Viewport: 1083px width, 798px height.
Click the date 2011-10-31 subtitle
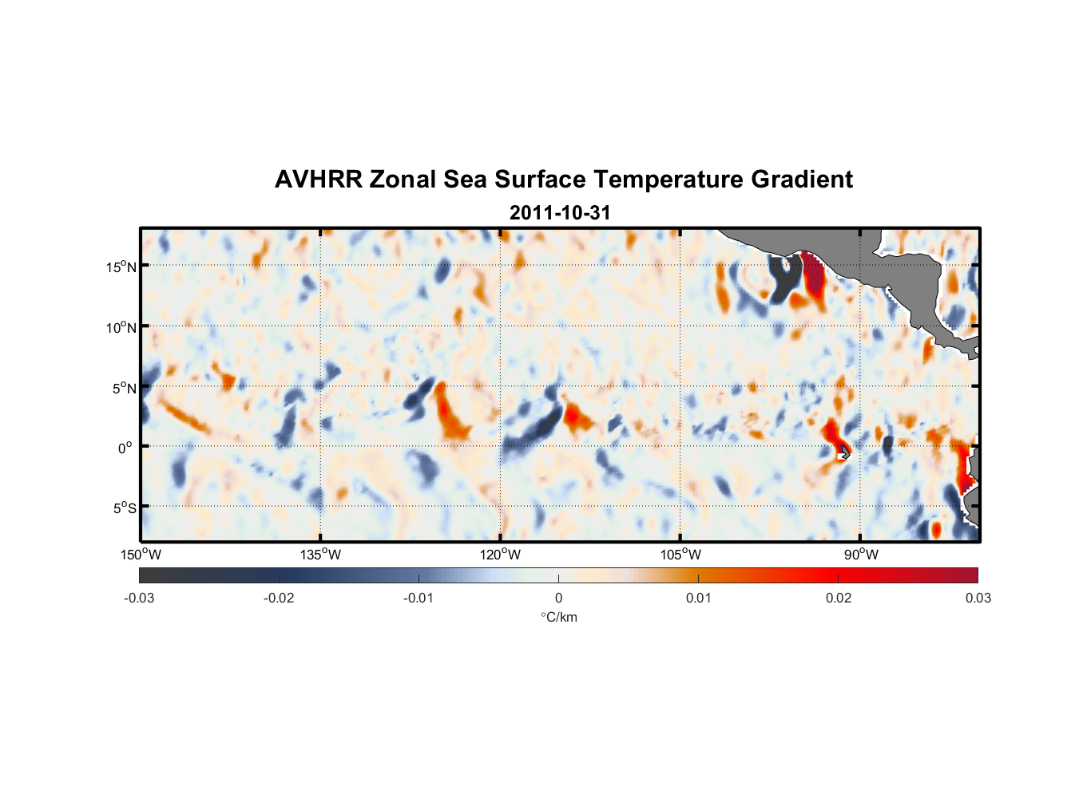point(560,213)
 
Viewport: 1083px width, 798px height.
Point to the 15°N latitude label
point(121,267)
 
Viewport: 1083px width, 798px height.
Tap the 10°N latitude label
point(121,327)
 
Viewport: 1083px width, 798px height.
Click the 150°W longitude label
point(141,555)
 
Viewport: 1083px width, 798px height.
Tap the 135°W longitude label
point(320,555)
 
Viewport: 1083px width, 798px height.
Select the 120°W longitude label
point(500,555)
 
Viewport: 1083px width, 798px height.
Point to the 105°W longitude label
point(680,555)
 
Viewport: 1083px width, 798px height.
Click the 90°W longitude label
point(861,555)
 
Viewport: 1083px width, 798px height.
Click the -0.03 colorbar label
point(139,598)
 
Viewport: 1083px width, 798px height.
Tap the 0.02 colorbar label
point(839,598)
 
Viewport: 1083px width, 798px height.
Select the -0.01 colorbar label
point(418,598)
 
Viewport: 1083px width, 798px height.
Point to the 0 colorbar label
point(558,598)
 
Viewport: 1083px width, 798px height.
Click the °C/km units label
point(559,617)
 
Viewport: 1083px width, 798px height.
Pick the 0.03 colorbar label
point(978,598)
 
